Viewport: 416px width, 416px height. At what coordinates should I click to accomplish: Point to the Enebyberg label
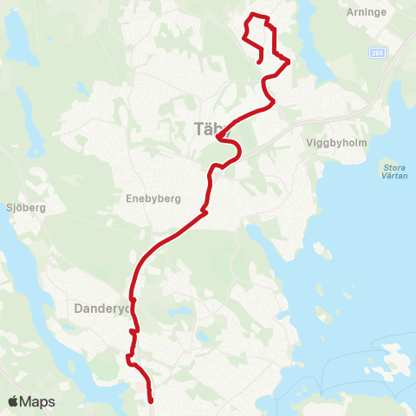(x=153, y=198)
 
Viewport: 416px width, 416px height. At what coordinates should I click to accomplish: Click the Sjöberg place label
(x=24, y=208)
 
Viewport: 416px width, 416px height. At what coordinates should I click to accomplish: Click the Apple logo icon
(x=13, y=401)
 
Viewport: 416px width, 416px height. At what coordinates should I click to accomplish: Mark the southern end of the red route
(x=151, y=400)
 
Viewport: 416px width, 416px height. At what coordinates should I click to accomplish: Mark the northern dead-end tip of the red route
(x=261, y=62)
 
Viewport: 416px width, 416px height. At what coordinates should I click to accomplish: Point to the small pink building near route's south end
(x=143, y=388)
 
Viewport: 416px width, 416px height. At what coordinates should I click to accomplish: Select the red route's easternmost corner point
(x=288, y=61)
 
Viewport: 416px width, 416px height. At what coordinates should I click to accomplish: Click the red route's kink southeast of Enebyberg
(x=204, y=210)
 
